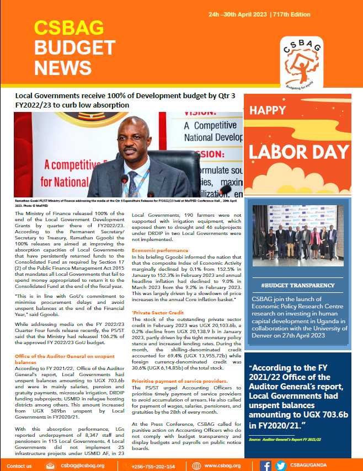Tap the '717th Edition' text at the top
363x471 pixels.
(x=291, y=14)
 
